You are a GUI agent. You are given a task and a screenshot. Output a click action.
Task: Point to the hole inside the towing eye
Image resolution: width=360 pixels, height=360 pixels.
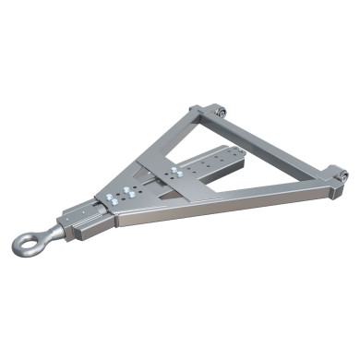[28, 244]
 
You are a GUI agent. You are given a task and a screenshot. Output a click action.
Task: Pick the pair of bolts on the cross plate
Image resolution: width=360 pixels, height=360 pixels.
[170, 173]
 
